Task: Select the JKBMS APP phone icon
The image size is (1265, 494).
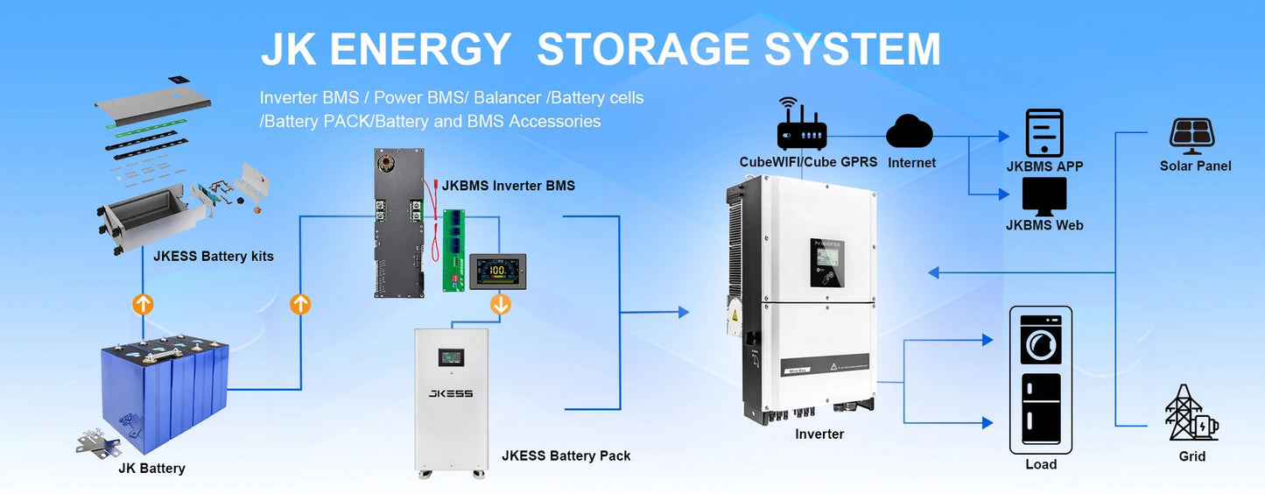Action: pyautogui.click(x=1044, y=133)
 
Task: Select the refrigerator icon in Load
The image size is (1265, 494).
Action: pyautogui.click(x=1041, y=409)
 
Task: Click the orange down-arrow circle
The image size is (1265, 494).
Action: pyautogui.click(x=501, y=304)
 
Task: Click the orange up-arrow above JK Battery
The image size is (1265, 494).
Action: pyautogui.click(x=143, y=304)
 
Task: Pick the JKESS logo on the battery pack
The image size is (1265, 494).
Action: pyautogui.click(x=451, y=393)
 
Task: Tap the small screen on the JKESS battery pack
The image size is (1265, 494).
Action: pyautogui.click(x=451, y=357)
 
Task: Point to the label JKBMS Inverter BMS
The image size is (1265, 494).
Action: pyautogui.click(x=508, y=186)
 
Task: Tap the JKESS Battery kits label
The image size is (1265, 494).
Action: pyautogui.click(x=213, y=257)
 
